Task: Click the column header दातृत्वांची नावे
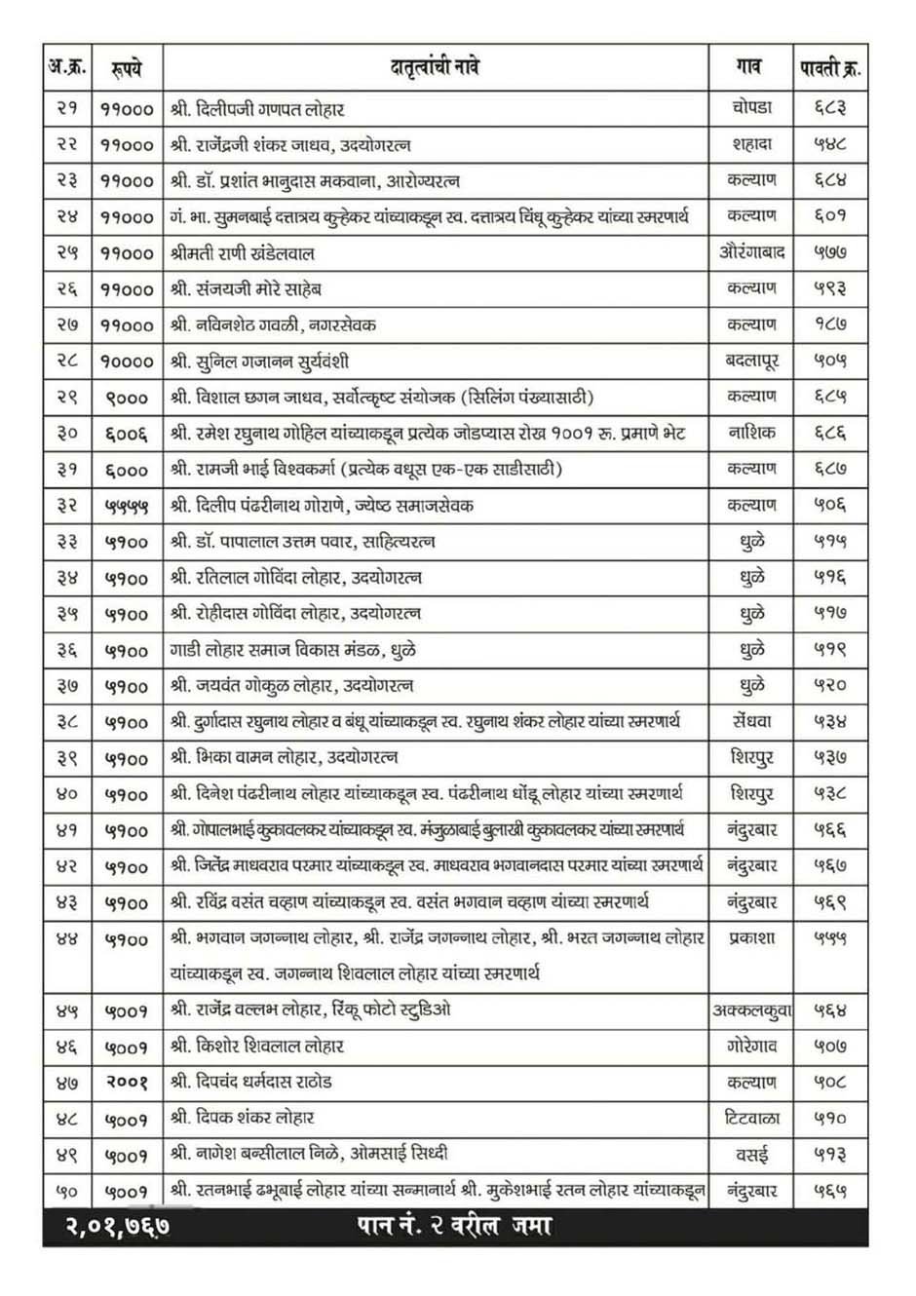[x=435, y=68]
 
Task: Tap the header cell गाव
[x=750, y=68]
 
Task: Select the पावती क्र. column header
[x=830, y=68]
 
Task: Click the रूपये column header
[x=127, y=68]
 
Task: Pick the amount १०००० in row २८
[x=127, y=361]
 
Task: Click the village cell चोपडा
[x=751, y=108]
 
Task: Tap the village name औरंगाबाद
[x=751, y=252]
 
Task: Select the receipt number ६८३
[x=830, y=108]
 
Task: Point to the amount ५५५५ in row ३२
[x=127, y=506]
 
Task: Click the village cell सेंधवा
[x=751, y=722]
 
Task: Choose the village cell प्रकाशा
[x=751, y=938]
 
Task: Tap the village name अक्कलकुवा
[x=751, y=1010]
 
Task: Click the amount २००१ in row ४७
[x=127, y=1083]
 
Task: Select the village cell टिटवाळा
[x=751, y=1119]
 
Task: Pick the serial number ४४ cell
[x=67, y=939]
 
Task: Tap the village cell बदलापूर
[x=751, y=361]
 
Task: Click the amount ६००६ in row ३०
[x=127, y=434]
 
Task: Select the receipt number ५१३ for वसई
[x=830, y=1155]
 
